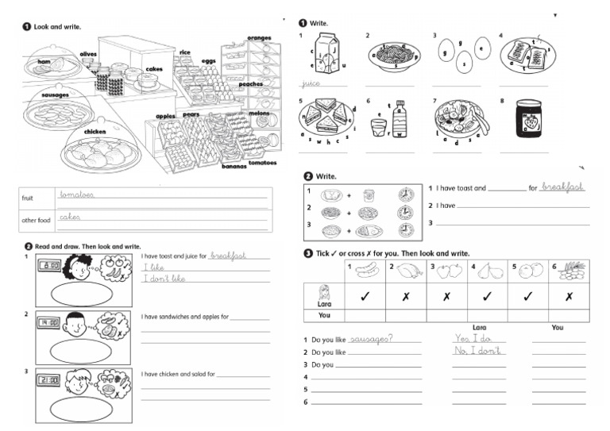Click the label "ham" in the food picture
(44, 61)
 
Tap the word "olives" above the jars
(88, 54)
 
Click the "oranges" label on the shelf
(259, 38)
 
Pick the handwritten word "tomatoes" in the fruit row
(77, 194)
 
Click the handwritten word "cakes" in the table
(70, 216)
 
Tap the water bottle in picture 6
(400, 119)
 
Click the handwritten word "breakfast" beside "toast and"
(562, 187)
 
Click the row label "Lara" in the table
(324, 303)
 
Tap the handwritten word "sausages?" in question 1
(374, 338)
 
